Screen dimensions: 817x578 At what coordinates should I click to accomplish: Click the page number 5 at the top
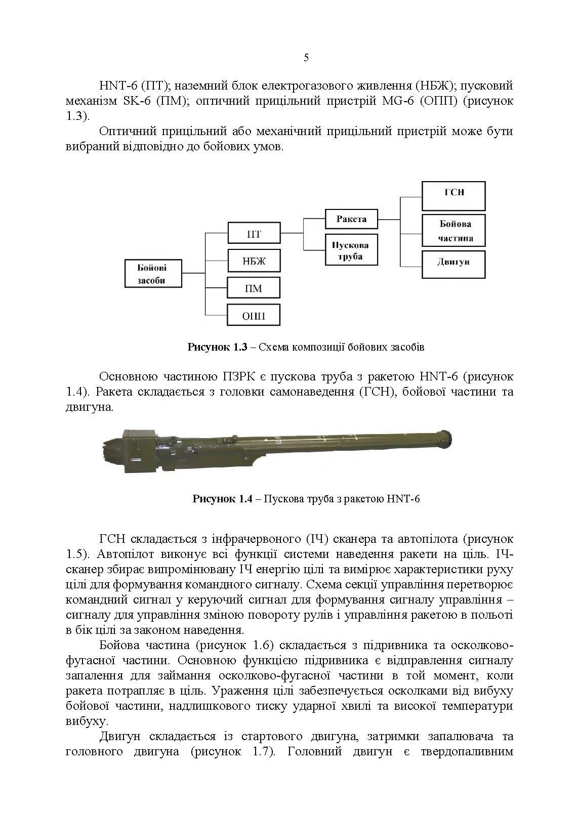click(306, 58)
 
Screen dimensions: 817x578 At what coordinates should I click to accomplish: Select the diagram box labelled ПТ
click(254, 234)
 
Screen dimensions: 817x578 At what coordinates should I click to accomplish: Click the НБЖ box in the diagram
click(254, 262)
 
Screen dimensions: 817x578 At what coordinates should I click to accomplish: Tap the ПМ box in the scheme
click(254, 288)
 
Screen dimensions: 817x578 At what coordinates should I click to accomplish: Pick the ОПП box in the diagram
click(254, 316)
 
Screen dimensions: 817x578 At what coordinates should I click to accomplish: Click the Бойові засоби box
click(153, 274)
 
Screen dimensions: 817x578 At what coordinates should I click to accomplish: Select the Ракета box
click(351, 219)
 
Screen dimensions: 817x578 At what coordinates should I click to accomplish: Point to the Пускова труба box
click(351, 250)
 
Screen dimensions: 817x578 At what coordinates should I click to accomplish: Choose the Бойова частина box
click(453, 231)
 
